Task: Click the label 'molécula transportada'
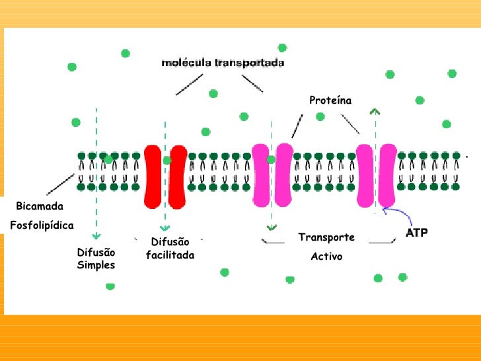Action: (x=223, y=64)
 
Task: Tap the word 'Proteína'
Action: (x=330, y=100)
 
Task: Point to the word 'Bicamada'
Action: (x=39, y=206)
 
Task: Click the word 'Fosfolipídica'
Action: (x=42, y=225)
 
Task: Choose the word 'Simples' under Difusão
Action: (x=96, y=265)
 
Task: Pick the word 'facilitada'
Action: (x=170, y=255)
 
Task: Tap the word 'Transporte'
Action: (x=326, y=237)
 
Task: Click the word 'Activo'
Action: (x=326, y=256)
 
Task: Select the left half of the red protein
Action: (x=153, y=175)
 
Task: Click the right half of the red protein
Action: (x=177, y=175)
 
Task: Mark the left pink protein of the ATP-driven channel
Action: (x=364, y=175)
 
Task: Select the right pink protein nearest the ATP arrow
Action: (x=387, y=175)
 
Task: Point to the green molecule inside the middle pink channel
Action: (x=271, y=159)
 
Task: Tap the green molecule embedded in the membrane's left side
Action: (x=108, y=159)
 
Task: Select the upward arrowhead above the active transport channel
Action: (x=375, y=111)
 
